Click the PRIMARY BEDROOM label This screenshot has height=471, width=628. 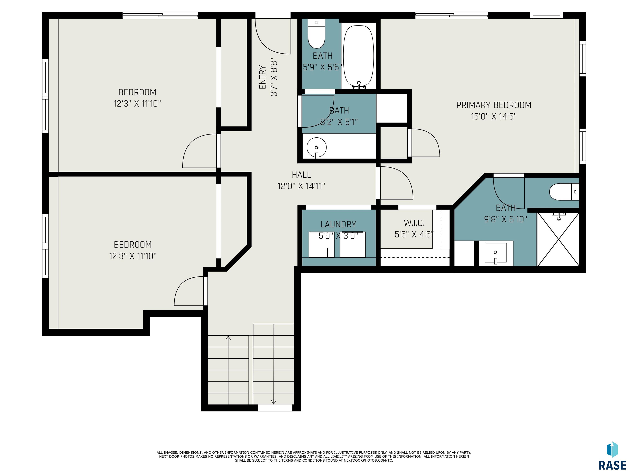point(493,105)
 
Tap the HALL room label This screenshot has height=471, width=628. point(301,175)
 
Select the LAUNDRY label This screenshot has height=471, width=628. point(338,224)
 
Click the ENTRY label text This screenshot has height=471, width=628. point(263,77)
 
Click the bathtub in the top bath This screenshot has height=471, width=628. point(359,56)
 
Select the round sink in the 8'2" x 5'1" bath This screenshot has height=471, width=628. point(316,147)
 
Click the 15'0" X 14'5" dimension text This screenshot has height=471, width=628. point(493,116)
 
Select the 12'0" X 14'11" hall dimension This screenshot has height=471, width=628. point(301,186)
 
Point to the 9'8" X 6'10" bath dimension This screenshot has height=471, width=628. point(505,219)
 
